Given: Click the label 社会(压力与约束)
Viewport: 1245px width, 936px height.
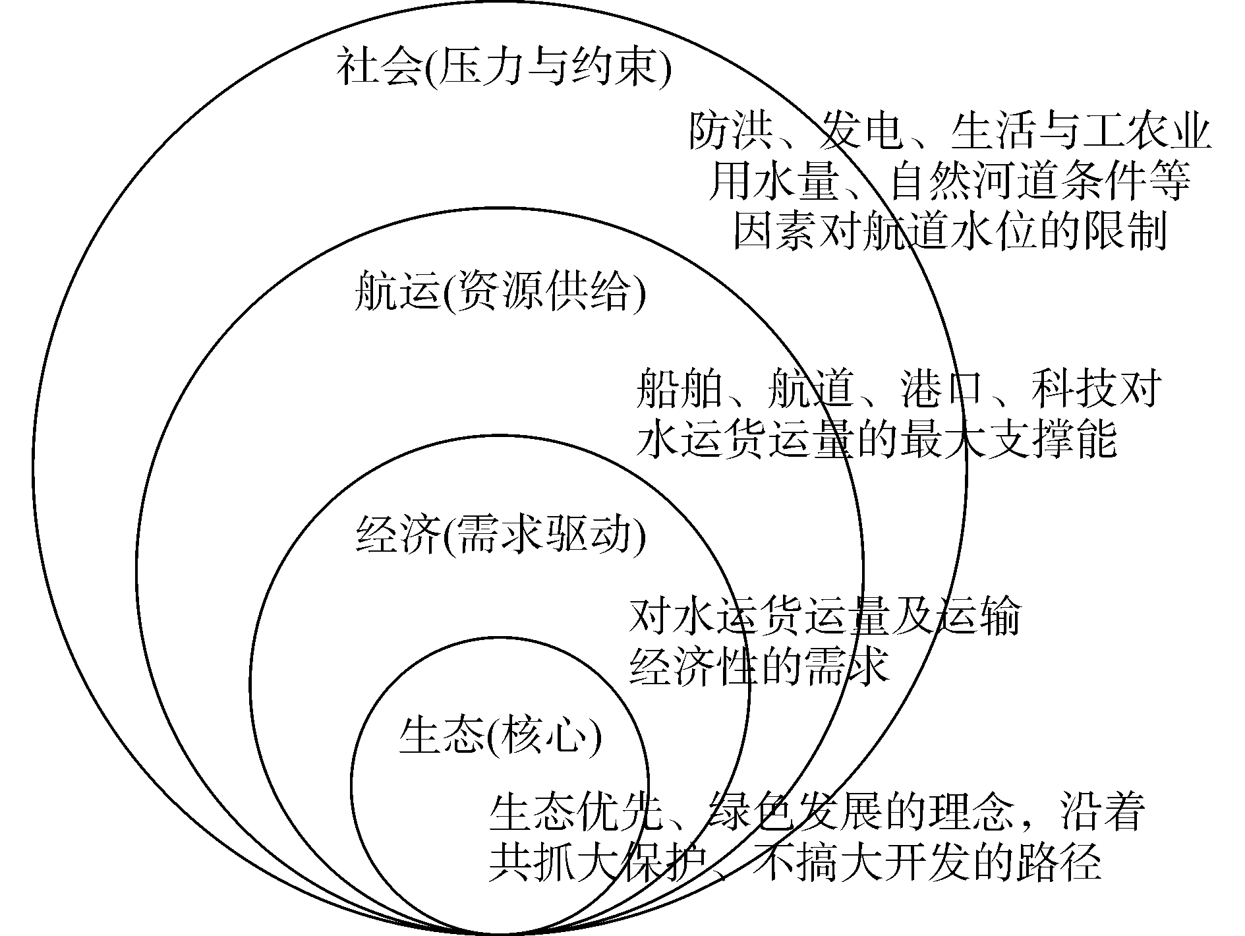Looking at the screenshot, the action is (x=504, y=68).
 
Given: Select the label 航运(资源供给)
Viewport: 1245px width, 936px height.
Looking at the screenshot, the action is (x=500, y=292).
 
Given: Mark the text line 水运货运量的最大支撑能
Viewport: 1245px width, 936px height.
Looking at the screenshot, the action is (x=877, y=438).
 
